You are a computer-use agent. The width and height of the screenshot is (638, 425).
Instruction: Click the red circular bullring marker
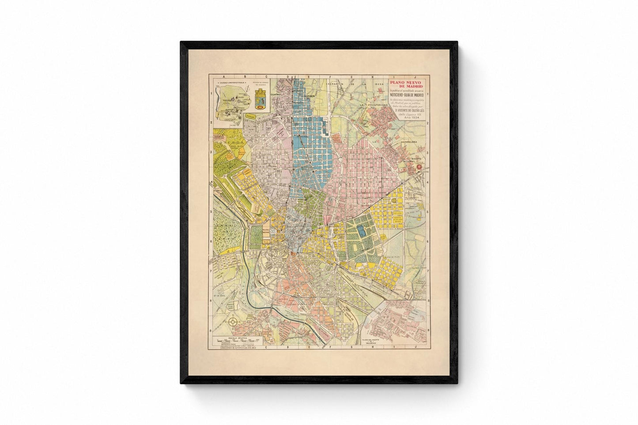(425, 167)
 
